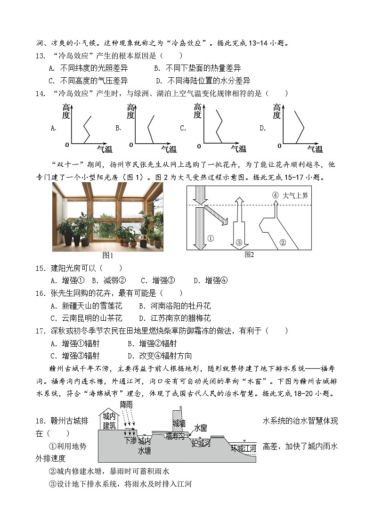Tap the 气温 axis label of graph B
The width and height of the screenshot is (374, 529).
169,149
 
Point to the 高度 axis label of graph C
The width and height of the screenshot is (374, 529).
197,111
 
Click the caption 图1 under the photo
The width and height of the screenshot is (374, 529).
108,255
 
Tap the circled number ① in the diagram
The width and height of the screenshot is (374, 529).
210,238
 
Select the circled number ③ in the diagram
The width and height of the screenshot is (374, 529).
239,243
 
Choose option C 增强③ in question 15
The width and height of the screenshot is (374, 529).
158,281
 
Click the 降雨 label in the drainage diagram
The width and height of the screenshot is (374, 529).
126,405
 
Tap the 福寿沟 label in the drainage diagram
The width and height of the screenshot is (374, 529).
176,437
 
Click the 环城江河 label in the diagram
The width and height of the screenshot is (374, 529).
243,448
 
